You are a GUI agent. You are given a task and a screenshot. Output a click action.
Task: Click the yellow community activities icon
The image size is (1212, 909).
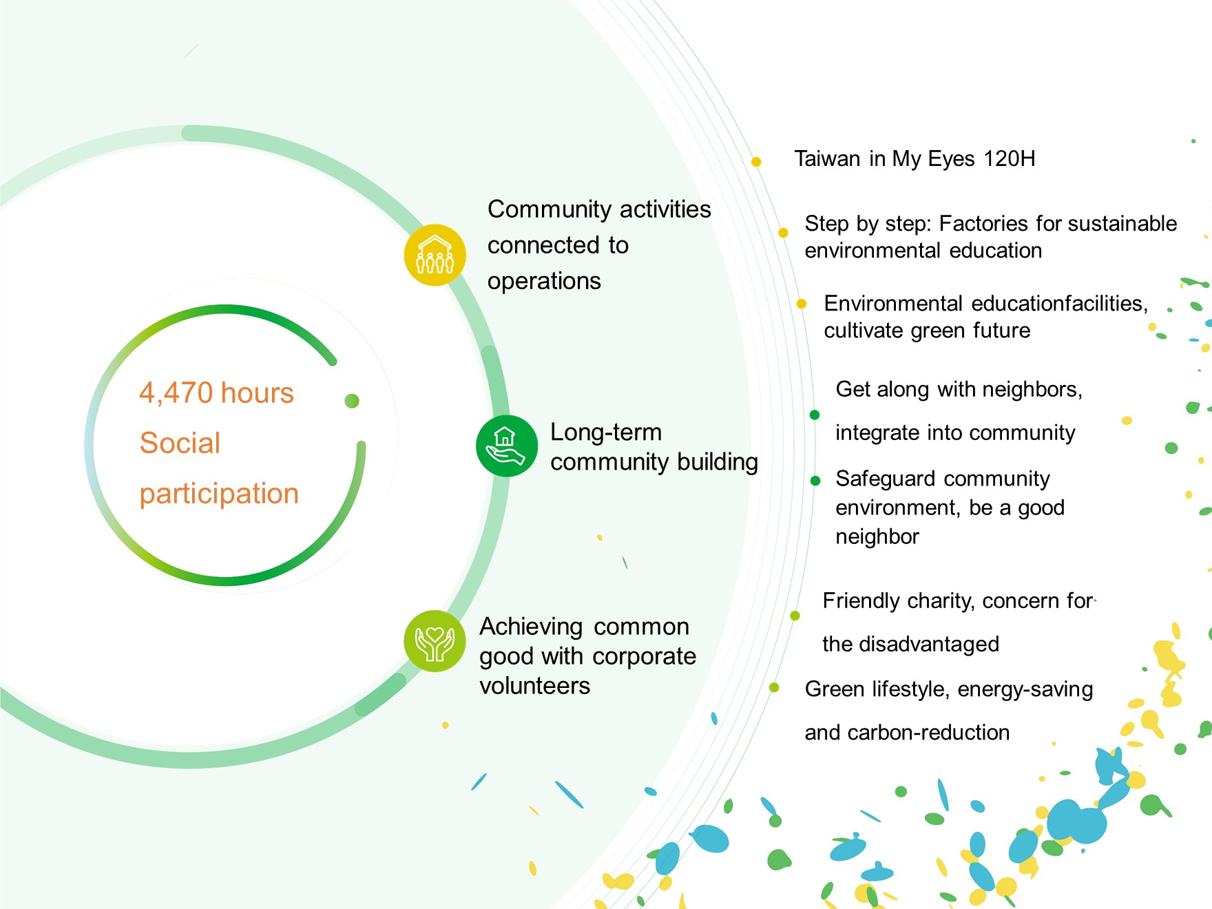[435, 255]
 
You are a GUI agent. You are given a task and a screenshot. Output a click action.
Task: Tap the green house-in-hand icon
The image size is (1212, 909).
[507, 446]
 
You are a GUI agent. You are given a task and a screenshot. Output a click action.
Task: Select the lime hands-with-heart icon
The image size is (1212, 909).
[435, 641]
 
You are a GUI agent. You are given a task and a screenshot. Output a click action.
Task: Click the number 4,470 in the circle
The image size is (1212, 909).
[176, 393]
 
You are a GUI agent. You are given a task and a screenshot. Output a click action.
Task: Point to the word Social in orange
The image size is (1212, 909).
[180, 443]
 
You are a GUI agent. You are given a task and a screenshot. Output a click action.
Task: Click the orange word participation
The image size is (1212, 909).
[219, 494]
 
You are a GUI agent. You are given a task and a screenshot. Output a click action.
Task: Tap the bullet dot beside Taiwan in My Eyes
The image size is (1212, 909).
[756, 162]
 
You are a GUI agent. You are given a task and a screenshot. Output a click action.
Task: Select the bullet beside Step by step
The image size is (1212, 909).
[783, 233]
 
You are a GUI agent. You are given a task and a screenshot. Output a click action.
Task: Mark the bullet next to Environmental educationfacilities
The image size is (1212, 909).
[802, 304]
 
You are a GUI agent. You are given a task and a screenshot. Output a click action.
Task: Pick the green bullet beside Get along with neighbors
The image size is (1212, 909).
[815, 415]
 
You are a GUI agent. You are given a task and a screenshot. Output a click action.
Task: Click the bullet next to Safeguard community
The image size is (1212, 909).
[815, 481]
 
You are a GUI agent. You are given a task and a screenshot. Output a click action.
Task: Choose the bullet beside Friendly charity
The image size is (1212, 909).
[795, 616]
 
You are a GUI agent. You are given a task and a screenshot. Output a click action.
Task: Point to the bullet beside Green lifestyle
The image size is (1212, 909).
[774, 687]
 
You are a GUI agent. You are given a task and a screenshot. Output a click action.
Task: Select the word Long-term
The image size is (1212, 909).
[606, 433]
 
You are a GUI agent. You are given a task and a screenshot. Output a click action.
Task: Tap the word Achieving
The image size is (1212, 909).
[532, 627]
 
